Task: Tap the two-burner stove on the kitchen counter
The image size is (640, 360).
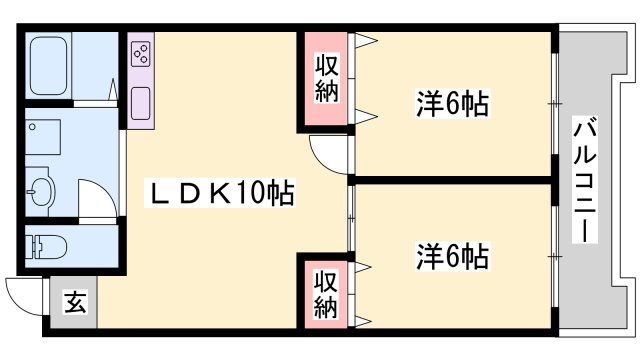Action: tap(140, 53)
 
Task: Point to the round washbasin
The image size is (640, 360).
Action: tap(42, 189)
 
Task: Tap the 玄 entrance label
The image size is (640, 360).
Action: tap(75, 300)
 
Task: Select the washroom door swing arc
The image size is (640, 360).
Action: tap(96, 200)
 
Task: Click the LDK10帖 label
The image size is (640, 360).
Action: tap(221, 193)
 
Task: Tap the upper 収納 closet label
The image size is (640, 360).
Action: tap(327, 79)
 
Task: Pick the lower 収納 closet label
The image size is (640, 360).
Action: tap(327, 291)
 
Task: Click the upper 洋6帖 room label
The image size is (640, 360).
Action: tap(452, 102)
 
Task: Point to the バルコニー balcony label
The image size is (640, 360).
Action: tap(584, 180)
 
